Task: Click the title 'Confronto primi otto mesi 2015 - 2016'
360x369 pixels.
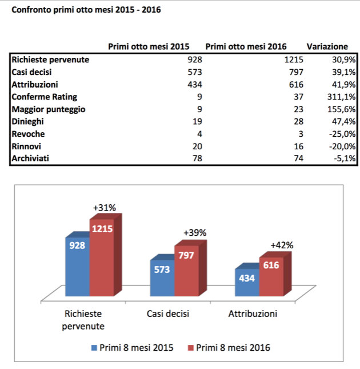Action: pos(82,10)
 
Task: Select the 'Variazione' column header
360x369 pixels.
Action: pos(327,46)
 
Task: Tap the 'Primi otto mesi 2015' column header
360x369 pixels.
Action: pos(149,46)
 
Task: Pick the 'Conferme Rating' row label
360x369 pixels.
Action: pos(44,97)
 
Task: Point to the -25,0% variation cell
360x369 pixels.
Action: pos(343,134)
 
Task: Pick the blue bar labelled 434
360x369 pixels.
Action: pos(247,283)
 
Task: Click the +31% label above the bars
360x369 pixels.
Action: pos(104,208)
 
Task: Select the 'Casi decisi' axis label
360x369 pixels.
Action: pos(167,314)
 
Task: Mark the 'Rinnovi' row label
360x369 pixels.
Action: pos(28,146)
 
